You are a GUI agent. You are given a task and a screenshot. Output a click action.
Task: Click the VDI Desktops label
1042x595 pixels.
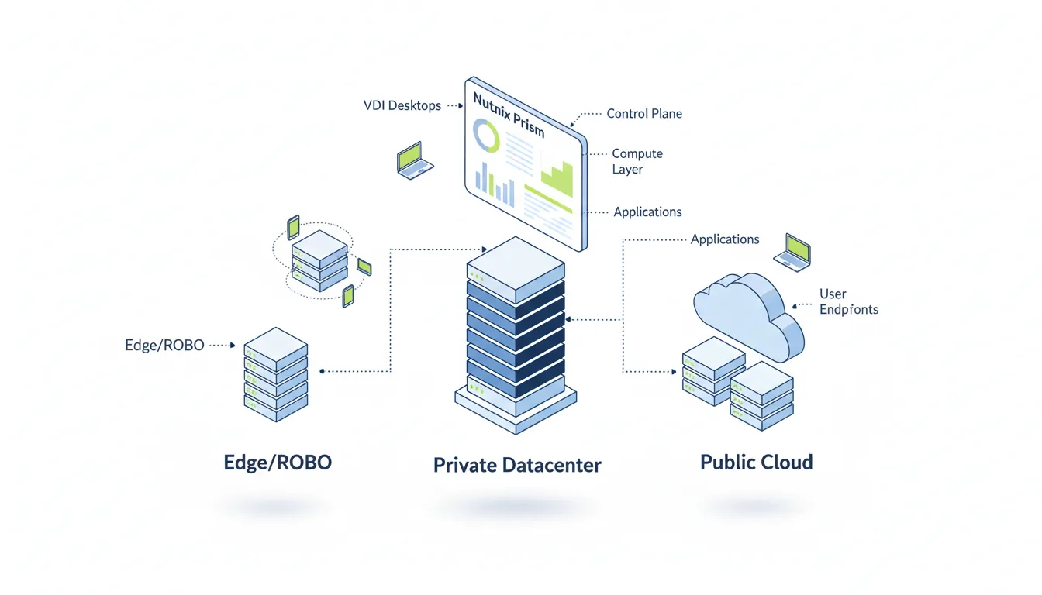402,105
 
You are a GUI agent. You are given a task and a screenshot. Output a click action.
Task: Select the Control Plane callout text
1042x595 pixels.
643,114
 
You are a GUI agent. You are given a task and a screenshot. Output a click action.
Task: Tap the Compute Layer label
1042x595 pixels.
637,161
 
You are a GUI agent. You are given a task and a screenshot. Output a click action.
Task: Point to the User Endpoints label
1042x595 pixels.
848,302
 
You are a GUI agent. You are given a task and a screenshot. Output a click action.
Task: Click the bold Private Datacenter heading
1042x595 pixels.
517,465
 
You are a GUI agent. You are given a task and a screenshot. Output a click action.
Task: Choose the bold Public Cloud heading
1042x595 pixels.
756,463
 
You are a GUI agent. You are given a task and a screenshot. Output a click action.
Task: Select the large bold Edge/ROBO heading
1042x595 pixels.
278,463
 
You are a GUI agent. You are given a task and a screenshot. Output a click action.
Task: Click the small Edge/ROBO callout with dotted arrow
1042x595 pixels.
164,346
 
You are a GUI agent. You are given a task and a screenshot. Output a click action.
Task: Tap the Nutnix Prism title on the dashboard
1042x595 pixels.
508,114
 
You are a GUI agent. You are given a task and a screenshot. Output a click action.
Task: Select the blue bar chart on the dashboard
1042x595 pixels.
495,183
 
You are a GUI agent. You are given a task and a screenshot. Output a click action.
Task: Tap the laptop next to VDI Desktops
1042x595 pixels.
414,160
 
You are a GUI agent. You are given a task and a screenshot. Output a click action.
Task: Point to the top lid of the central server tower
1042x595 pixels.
515,260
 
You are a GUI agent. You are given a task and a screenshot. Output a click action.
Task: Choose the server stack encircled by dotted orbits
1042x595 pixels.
319,259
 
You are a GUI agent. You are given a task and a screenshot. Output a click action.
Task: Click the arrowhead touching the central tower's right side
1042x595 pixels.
569,319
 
